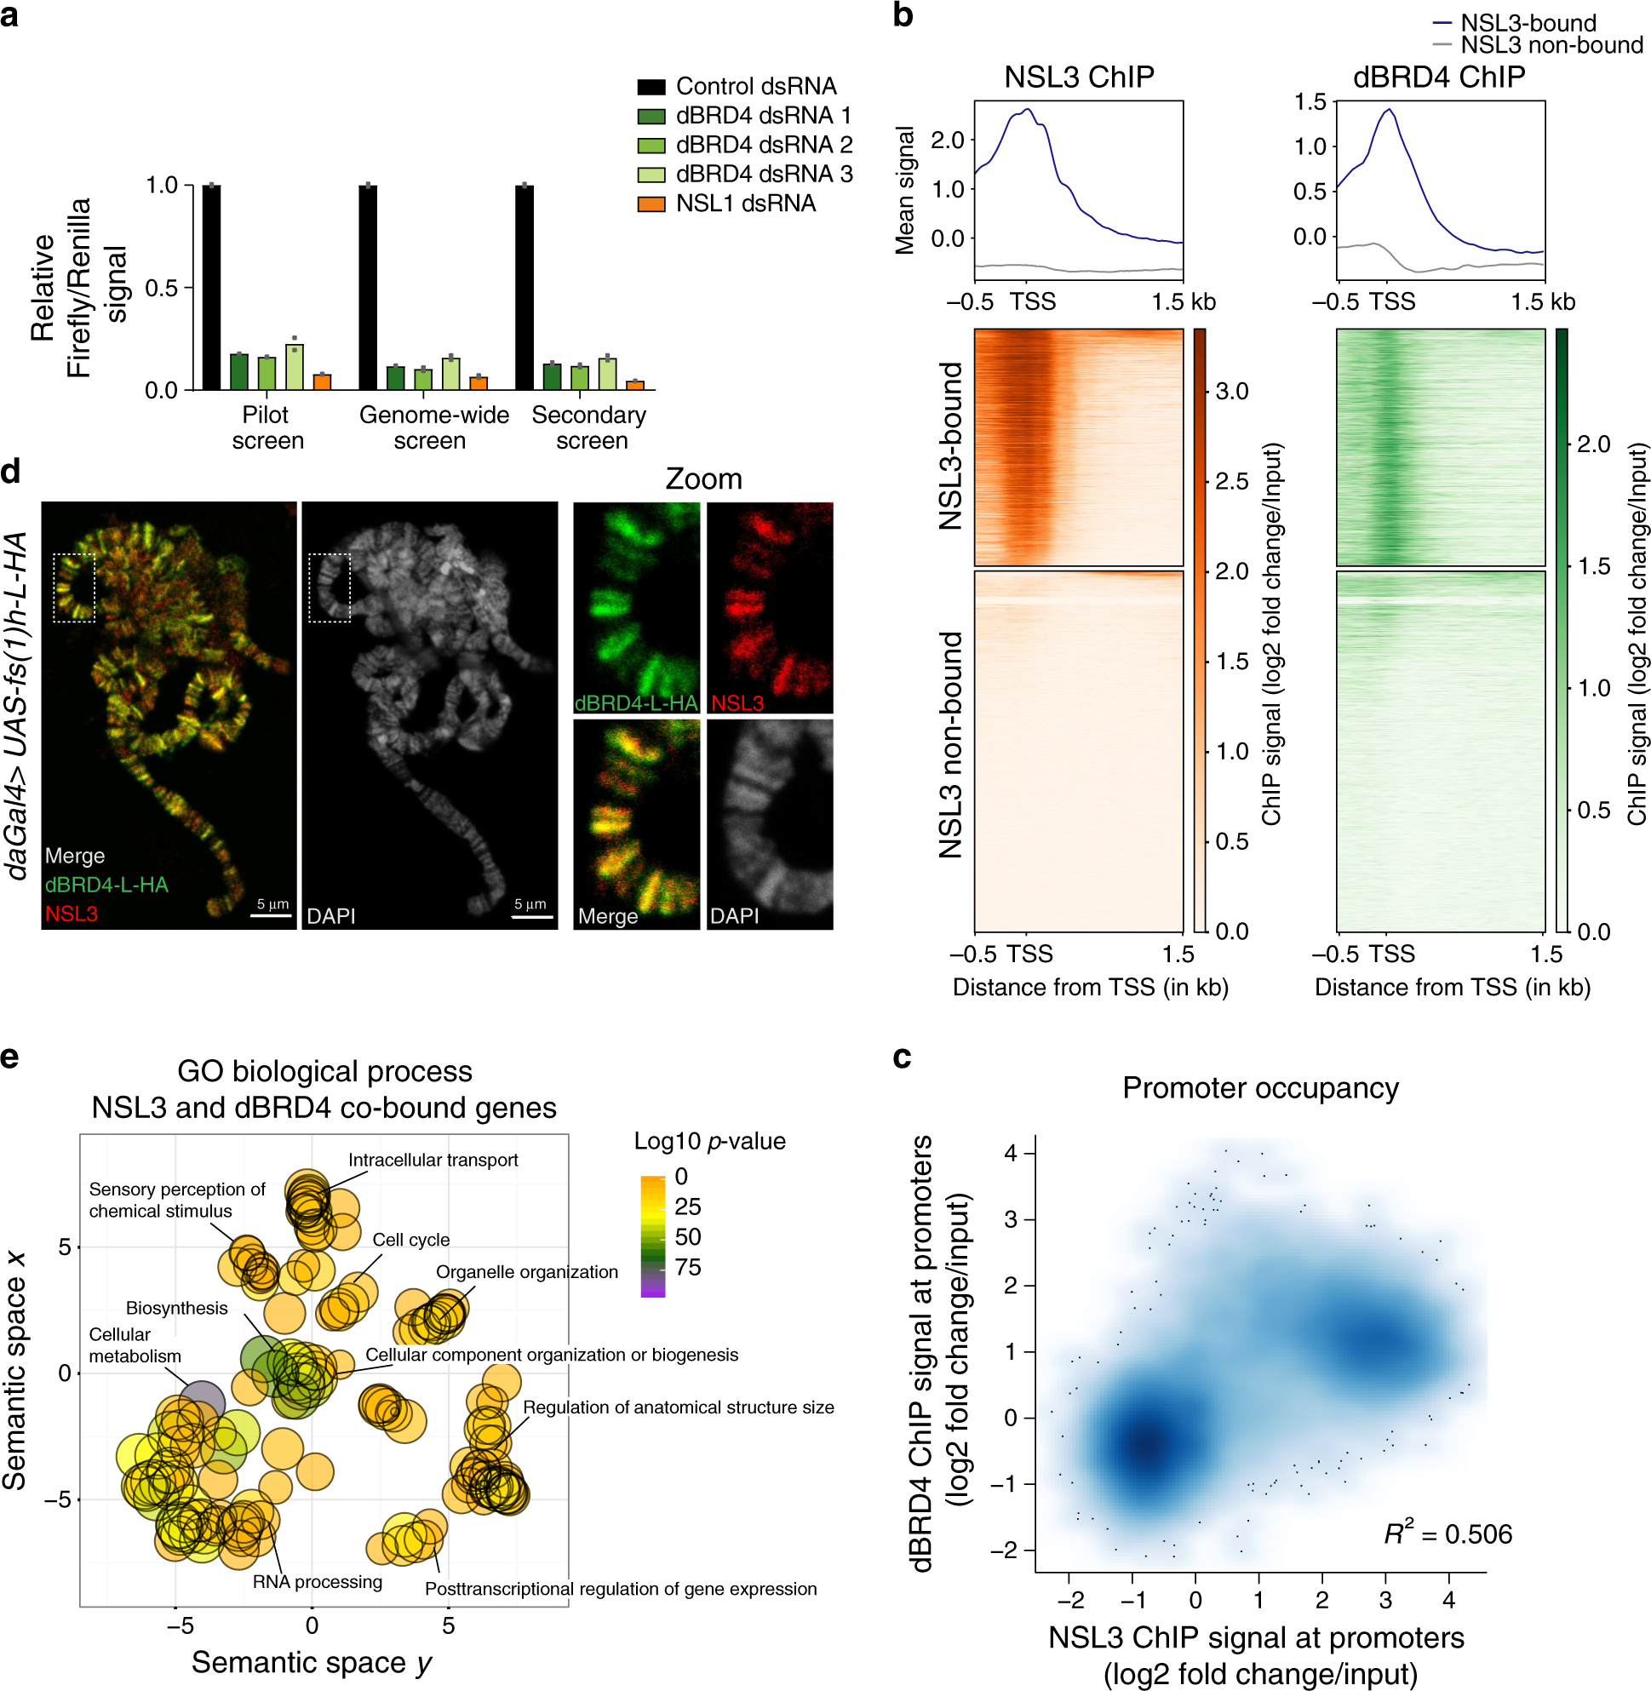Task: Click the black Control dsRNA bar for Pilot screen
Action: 210,287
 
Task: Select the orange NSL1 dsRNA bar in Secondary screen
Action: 634,385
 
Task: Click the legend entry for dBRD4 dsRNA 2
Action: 763,145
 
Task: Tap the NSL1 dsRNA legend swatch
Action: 651,203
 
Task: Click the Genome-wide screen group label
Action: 433,427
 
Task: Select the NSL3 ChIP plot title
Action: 1079,77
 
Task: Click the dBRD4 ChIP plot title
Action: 1438,77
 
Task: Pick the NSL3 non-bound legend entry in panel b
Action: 1551,45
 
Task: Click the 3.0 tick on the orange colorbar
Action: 1231,391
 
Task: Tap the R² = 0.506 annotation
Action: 1447,1534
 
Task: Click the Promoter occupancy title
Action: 1260,1088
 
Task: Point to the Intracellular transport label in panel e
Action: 433,1161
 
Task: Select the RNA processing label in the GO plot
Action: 318,1582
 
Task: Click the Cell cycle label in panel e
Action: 411,1240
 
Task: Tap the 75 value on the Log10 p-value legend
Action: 688,1268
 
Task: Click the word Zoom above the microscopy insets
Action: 703,479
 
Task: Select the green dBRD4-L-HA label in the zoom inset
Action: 635,703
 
